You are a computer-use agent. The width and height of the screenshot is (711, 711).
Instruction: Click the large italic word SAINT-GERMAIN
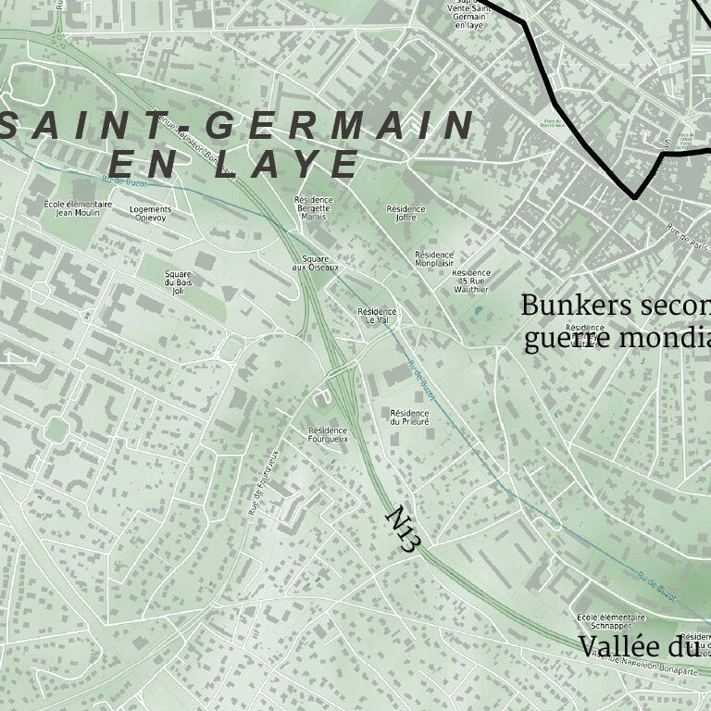(x=237, y=125)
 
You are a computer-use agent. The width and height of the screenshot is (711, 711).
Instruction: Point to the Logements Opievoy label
(x=150, y=214)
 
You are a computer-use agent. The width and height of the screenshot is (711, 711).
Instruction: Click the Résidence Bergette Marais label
(x=313, y=208)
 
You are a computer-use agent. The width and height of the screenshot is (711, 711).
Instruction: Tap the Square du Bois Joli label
(x=178, y=281)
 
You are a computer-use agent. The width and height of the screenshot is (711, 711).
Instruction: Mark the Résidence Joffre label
(x=405, y=214)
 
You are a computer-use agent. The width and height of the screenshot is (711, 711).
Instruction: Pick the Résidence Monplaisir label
(x=434, y=258)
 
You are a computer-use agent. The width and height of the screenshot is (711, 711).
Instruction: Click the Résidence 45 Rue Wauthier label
(x=471, y=281)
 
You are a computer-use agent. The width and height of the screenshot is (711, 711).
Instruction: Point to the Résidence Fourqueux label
(x=328, y=434)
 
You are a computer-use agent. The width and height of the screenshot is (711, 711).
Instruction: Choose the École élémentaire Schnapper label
(x=611, y=621)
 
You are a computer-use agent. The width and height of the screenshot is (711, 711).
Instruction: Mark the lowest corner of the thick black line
(x=635, y=197)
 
